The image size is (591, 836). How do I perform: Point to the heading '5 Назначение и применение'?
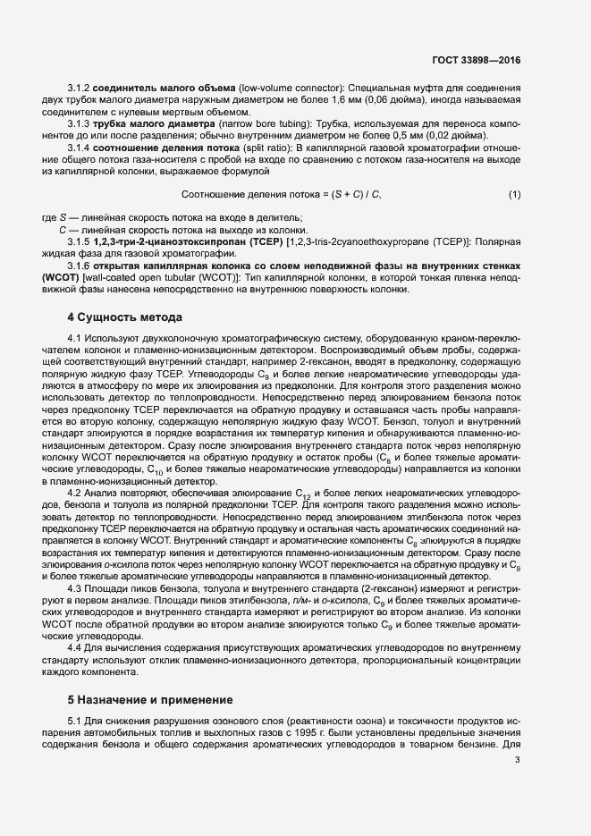150,698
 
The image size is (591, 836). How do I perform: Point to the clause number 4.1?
74,337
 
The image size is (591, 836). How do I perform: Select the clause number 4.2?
74,493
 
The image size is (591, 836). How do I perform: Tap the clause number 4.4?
74,647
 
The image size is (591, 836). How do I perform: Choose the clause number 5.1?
74,721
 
